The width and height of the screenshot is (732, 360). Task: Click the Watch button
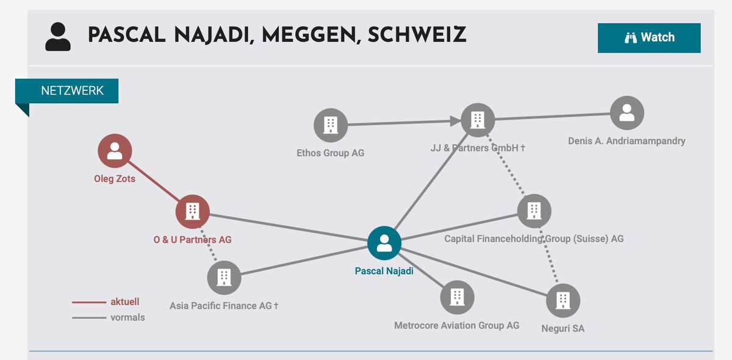tap(649, 38)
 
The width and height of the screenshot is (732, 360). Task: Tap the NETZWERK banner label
tap(72, 90)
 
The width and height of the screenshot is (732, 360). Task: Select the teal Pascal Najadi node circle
tap(384, 243)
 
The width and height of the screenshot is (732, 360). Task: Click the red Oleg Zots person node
tap(115, 151)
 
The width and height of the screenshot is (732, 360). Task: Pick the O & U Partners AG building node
tap(193, 212)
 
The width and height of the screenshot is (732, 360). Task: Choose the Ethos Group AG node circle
tap(331, 125)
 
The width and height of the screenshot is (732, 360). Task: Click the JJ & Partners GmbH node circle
tap(478, 120)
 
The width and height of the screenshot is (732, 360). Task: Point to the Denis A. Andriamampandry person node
tap(627, 113)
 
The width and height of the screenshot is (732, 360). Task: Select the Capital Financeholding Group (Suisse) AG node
tap(534, 211)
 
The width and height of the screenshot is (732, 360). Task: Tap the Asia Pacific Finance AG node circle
tap(224, 278)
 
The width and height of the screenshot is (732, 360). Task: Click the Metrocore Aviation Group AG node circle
tap(457, 297)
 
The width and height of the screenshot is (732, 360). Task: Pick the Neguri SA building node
tap(563, 300)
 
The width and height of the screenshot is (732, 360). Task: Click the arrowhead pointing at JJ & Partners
tap(455, 121)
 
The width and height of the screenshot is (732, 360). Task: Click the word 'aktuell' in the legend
tap(125, 301)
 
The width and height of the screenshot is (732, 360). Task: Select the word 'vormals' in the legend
tap(127, 317)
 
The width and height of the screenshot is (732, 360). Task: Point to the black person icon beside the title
tap(58, 37)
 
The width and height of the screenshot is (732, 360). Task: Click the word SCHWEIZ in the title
tap(417, 35)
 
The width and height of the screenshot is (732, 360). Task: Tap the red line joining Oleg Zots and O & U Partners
tap(154, 181)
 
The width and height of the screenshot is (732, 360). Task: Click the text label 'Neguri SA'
tap(562, 328)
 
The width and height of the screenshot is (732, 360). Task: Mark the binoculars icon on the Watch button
tap(631, 38)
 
